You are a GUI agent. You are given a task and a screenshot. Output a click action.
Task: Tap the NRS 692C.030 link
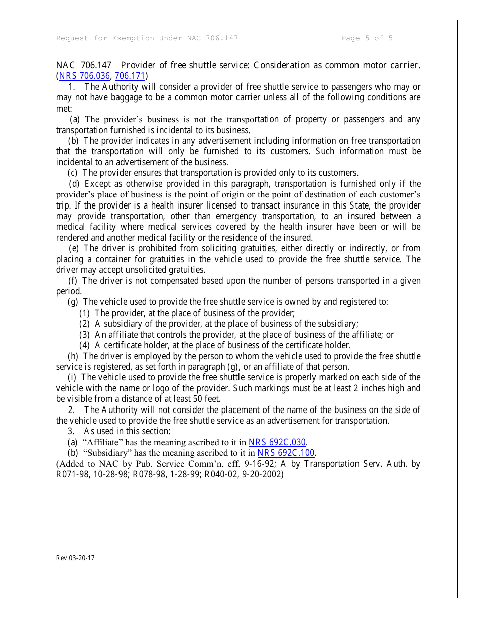277,443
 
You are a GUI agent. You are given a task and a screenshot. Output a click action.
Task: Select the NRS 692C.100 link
286,453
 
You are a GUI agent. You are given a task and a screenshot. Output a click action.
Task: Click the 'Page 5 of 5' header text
367,38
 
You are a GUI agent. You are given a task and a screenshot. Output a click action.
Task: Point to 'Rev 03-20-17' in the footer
75,558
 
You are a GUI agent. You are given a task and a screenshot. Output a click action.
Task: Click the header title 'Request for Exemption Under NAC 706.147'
147,38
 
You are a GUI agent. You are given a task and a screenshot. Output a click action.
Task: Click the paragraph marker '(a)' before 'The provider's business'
75,120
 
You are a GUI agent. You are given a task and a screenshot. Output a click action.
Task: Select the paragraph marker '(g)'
73,302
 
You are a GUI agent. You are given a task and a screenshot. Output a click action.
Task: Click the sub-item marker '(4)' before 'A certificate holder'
85,345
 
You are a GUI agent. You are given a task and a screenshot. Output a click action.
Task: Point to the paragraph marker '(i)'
72,377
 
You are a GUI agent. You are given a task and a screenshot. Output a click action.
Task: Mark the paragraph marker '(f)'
73,281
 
